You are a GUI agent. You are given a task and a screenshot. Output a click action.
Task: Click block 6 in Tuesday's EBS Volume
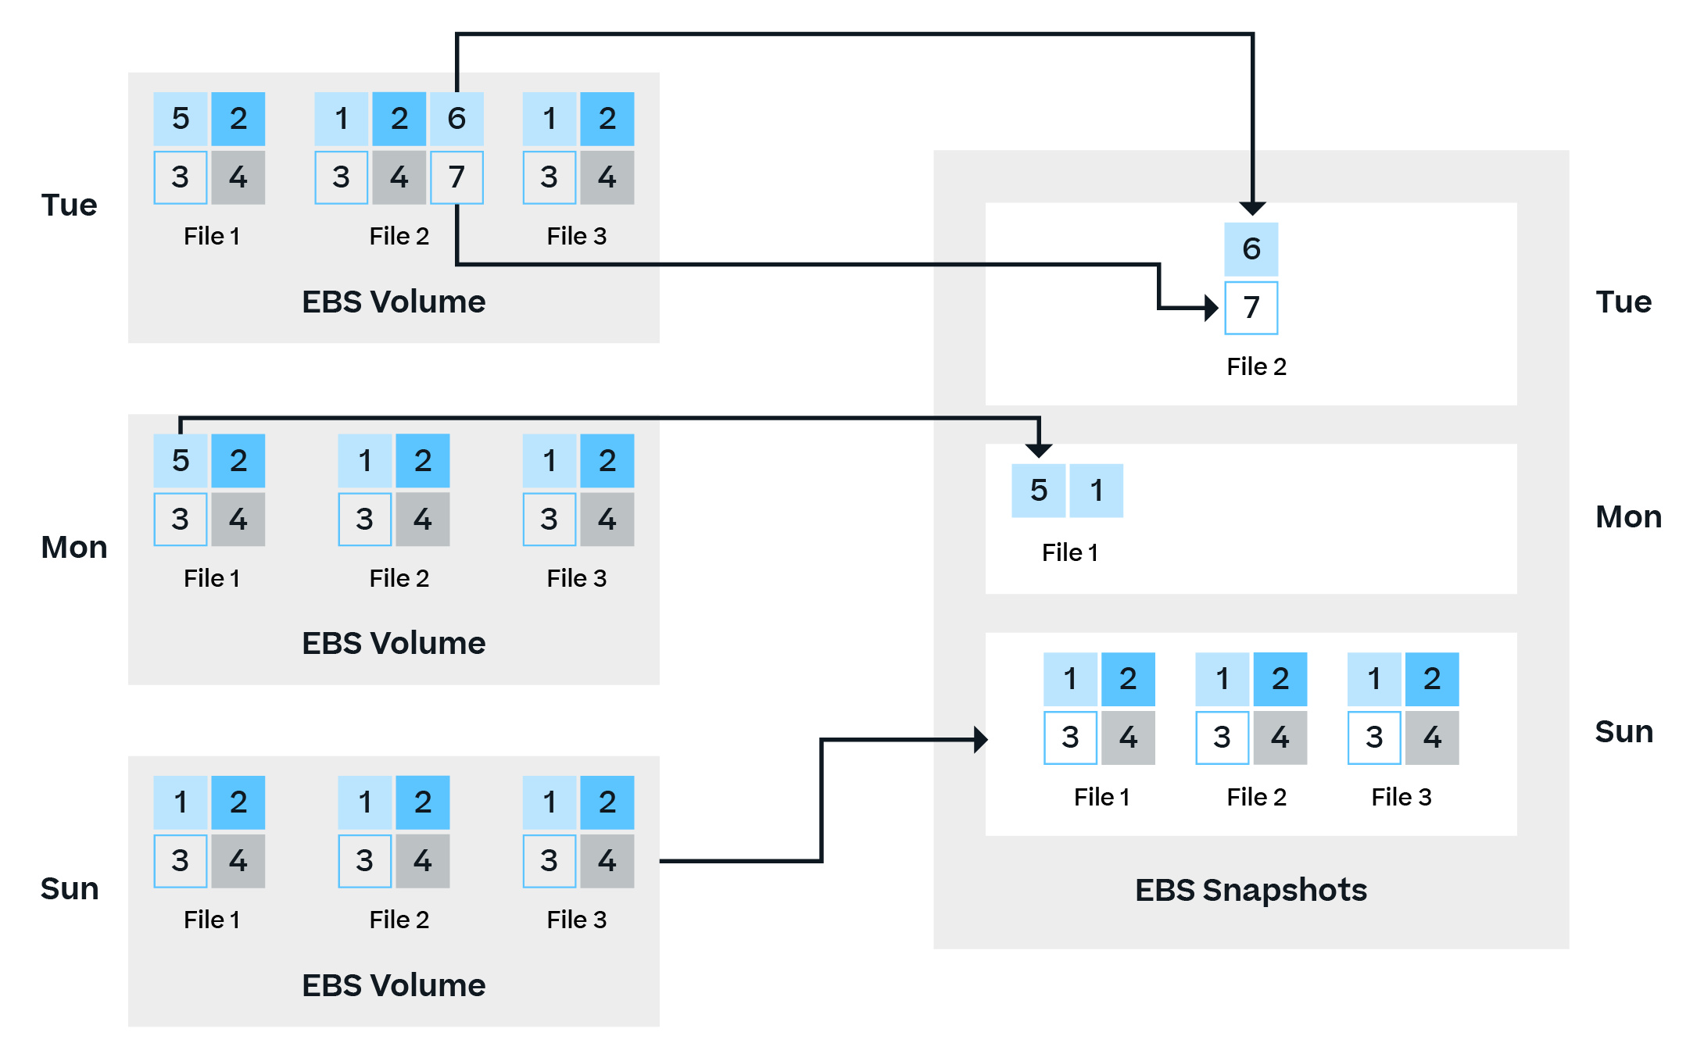click(456, 119)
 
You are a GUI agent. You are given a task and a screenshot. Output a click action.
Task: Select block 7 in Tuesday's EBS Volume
click(456, 177)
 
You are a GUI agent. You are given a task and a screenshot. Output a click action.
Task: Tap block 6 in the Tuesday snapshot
click(1251, 248)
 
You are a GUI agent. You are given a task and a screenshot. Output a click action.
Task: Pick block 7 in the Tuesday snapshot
click(1251, 308)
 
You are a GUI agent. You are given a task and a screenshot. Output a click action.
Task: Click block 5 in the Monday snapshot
click(1038, 491)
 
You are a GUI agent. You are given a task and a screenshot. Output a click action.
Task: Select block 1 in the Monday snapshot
click(1096, 491)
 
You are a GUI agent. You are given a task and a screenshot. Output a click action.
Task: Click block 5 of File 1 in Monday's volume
click(181, 461)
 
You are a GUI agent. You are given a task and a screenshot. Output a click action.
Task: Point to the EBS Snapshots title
click(1251, 890)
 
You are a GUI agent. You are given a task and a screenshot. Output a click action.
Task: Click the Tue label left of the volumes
click(69, 205)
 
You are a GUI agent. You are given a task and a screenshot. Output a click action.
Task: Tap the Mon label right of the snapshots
click(1628, 517)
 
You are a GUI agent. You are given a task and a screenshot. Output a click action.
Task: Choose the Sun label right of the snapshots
click(1623, 732)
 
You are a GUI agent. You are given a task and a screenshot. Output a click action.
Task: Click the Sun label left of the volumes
click(70, 889)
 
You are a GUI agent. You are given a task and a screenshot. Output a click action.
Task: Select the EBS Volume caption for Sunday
click(393, 985)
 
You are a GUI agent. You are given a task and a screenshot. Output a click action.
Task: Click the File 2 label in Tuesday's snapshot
click(1256, 366)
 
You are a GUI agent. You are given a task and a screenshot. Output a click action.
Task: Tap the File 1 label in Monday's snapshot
click(1069, 553)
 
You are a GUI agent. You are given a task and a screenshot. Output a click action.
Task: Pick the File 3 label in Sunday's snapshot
click(1401, 797)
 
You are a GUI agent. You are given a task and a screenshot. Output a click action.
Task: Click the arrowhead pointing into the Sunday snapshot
click(980, 739)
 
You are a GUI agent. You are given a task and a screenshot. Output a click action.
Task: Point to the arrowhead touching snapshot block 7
click(1212, 308)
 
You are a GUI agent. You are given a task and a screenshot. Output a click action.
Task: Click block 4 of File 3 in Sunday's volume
click(607, 861)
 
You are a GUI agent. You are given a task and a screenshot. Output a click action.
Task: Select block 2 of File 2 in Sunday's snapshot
click(1280, 679)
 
